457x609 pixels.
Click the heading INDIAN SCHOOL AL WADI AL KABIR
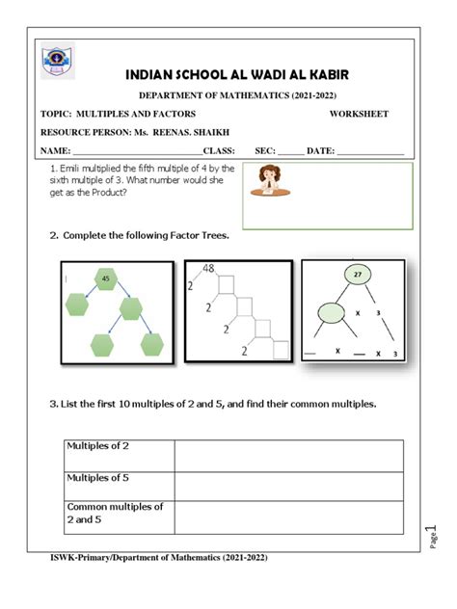[237, 74]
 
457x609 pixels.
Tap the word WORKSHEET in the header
[359, 114]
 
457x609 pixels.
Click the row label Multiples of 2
[97, 445]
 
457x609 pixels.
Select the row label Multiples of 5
[97, 477]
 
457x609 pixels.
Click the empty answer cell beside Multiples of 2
[288, 456]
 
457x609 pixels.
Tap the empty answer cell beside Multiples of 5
[288, 487]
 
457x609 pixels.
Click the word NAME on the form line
[54, 151]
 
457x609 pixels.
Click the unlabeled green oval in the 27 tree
[331, 312]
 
